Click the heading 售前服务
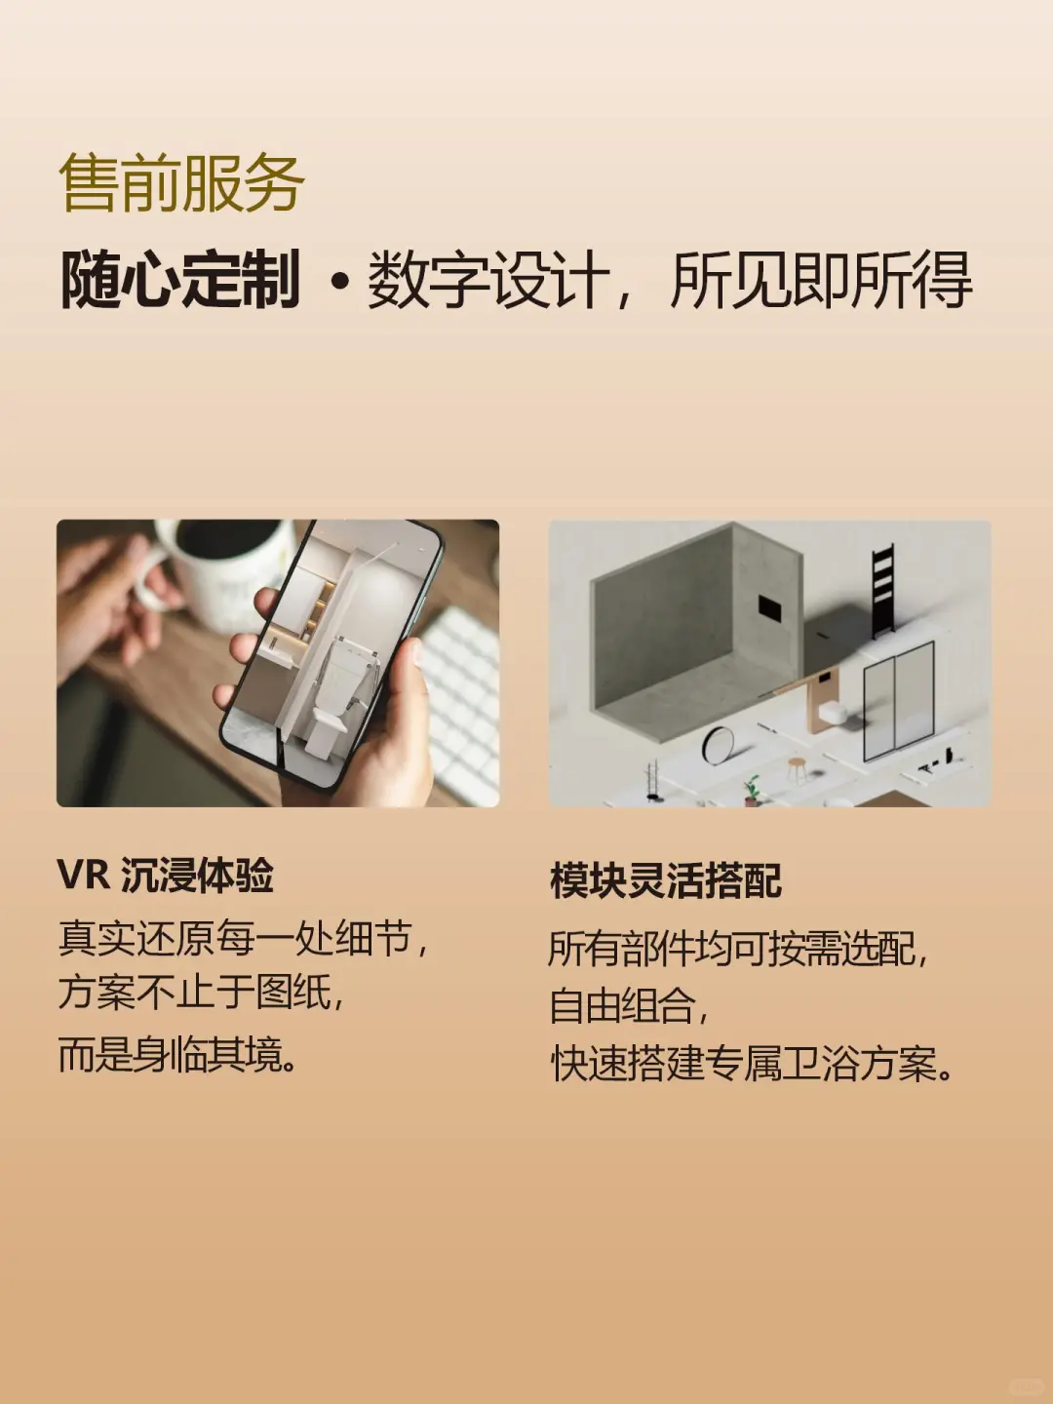tap(181, 183)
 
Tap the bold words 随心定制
tap(180, 281)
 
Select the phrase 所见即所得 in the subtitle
tap(821, 281)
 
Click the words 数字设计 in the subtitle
tap(487, 281)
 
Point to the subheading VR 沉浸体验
tap(166, 876)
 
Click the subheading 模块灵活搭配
tap(666, 880)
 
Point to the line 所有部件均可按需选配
tap(737, 948)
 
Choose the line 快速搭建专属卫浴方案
tap(752, 1064)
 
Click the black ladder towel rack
tap(882, 590)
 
